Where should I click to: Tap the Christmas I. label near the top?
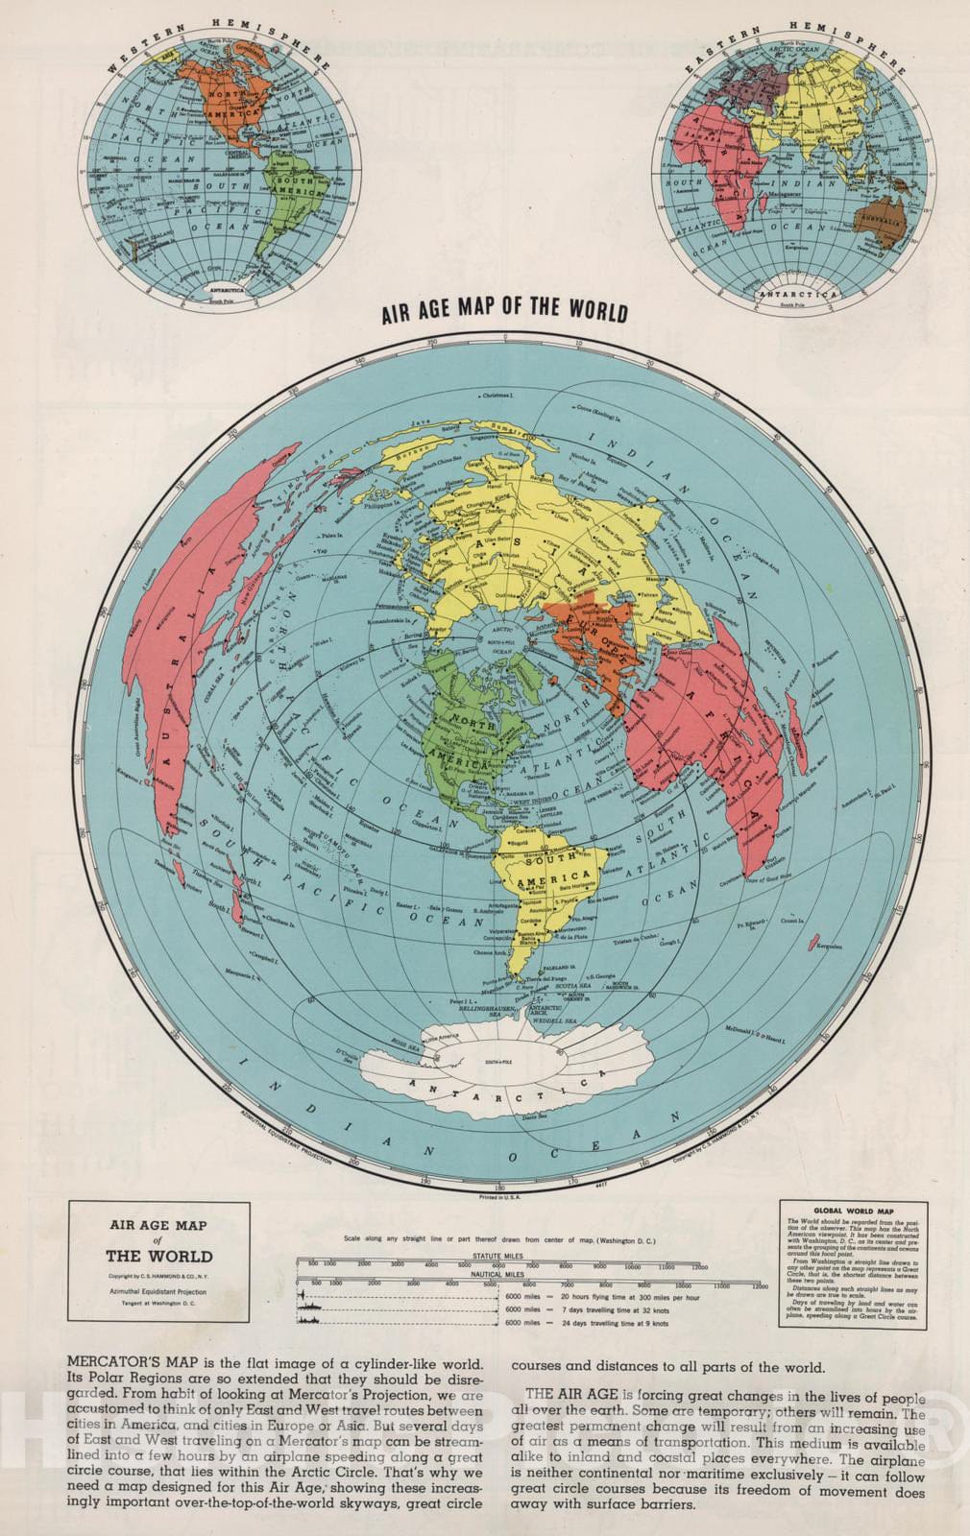(498, 395)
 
